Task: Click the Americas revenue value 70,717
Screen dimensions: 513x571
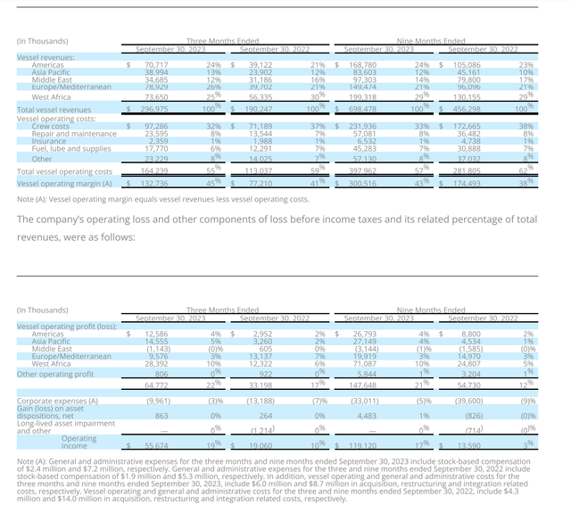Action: [x=156, y=65]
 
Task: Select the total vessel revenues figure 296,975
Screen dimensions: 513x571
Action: [x=154, y=109]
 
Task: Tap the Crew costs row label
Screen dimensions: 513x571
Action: [x=51, y=127]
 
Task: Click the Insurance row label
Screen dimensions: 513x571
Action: [x=49, y=141]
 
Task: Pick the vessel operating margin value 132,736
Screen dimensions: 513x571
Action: [x=153, y=184]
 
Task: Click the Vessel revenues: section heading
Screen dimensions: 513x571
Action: [x=46, y=57]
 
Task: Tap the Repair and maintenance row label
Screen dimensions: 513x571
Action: [x=74, y=134]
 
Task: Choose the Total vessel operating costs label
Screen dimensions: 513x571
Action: [x=64, y=171]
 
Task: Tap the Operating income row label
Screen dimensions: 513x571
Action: [x=79, y=441]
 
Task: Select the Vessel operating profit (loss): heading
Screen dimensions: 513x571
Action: [x=67, y=326]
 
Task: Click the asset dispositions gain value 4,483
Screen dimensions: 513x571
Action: [x=366, y=416]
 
